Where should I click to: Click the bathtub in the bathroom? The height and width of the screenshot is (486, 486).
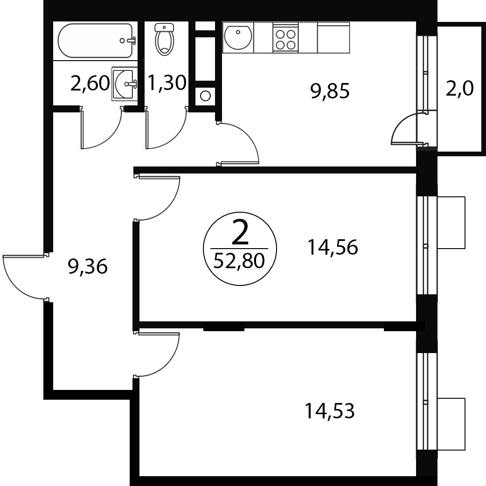(x=97, y=41)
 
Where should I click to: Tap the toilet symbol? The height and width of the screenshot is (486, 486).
(x=165, y=39)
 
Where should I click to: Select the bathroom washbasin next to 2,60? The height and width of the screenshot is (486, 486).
(x=125, y=83)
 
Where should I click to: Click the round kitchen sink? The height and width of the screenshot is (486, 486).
(x=238, y=37)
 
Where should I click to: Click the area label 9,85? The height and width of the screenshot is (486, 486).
(x=330, y=91)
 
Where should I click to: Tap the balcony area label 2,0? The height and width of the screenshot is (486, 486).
(x=459, y=88)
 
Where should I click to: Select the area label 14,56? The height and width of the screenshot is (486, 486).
(x=332, y=247)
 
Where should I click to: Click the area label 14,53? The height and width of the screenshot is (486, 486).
(x=329, y=410)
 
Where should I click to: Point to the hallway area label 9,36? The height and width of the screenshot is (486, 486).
(x=88, y=267)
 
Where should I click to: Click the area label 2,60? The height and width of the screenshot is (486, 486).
(x=90, y=83)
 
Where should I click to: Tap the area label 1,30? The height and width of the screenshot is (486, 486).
(x=167, y=83)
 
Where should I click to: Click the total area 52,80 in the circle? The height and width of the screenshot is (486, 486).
(x=239, y=260)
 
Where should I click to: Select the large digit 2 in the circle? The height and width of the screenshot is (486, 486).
(x=240, y=233)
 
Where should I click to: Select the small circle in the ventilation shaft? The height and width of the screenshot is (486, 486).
(x=205, y=96)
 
